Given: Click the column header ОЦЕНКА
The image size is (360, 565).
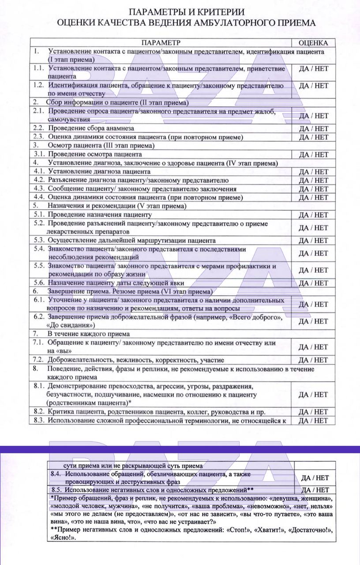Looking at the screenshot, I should (313, 43).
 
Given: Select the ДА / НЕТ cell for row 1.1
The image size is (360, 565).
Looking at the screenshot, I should (313, 68).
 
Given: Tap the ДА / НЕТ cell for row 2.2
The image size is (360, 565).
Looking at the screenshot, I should (313, 128).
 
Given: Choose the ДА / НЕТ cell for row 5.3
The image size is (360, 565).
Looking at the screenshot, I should (313, 241).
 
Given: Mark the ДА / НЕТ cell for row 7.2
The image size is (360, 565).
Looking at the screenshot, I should (313, 360).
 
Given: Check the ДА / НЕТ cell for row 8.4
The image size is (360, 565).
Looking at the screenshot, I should (315, 478).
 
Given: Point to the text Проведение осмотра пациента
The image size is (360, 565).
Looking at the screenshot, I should (95, 154).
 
